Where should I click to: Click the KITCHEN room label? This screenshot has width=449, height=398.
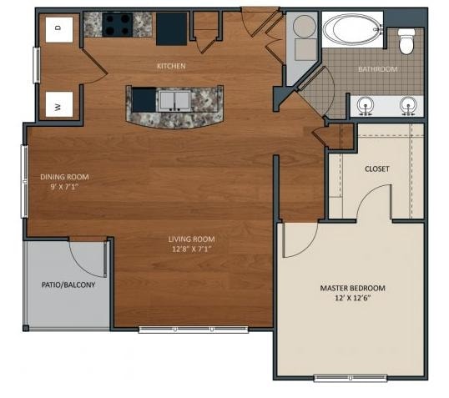pyautogui.click(x=171, y=66)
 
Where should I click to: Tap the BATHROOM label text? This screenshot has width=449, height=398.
pyautogui.click(x=378, y=69)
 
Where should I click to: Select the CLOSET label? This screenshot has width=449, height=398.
pyautogui.click(x=377, y=169)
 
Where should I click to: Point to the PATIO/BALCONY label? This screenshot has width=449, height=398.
pyautogui.click(x=68, y=285)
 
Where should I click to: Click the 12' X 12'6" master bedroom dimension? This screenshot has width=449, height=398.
pyautogui.click(x=353, y=298)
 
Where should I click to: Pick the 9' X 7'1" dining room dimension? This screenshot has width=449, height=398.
pyautogui.click(x=64, y=187)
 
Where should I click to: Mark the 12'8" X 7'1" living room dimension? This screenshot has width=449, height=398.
pyautogui.click(x=192, y=249)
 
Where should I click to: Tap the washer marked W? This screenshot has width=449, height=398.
pyautogui.click(x=59, y=104)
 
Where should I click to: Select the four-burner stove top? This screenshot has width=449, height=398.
pyautogui.click(x=118, y=25)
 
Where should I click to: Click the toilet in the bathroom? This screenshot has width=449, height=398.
pyautogui.click(x=406, y=41)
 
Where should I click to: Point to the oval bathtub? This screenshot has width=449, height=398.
pyautogui.click(x=353, y=29)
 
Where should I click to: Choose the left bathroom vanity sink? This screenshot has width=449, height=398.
pyautogui.click(x=366, y=105)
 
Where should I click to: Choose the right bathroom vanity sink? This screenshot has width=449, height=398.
pyautogui.click(x=408, y=105)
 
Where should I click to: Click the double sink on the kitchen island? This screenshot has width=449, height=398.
pyautogui.click(x=174, y=100)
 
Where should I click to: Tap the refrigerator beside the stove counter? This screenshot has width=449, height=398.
pyautogui.click(x=172, y=29)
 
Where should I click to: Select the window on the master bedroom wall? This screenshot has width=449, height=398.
pyautogui.click(x=351, y=378)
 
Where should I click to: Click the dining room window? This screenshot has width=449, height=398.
pyautogui.click(x=25, y=182)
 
